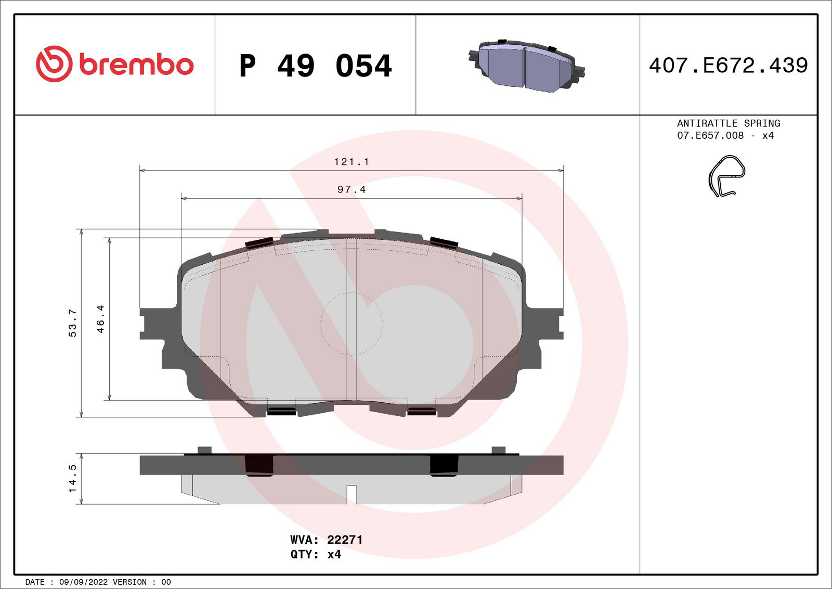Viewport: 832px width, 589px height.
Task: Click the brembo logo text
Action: [136, 65]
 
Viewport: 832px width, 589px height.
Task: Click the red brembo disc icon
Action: [54, 64]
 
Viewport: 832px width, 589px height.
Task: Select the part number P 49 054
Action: [315, 66]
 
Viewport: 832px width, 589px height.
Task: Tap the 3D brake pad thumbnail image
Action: [526, 65]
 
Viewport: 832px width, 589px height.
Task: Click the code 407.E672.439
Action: [728, 66]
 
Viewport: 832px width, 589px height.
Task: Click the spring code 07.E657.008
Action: [710, 136]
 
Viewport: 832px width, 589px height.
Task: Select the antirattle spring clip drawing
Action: [726, 176]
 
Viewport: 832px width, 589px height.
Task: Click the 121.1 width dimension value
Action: [352, 162]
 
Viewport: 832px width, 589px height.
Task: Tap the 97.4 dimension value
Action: [352, 189]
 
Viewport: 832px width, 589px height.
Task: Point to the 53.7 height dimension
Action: [72, 323]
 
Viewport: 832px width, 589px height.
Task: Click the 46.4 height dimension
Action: [100, 319]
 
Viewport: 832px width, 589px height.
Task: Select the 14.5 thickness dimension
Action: [72, 478]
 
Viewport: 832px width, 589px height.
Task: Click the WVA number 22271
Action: [345, 540]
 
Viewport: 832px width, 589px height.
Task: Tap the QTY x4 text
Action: [316, 555]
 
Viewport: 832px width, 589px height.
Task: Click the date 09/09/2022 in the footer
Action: [84, 582]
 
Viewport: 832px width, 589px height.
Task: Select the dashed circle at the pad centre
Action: [352, 324]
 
